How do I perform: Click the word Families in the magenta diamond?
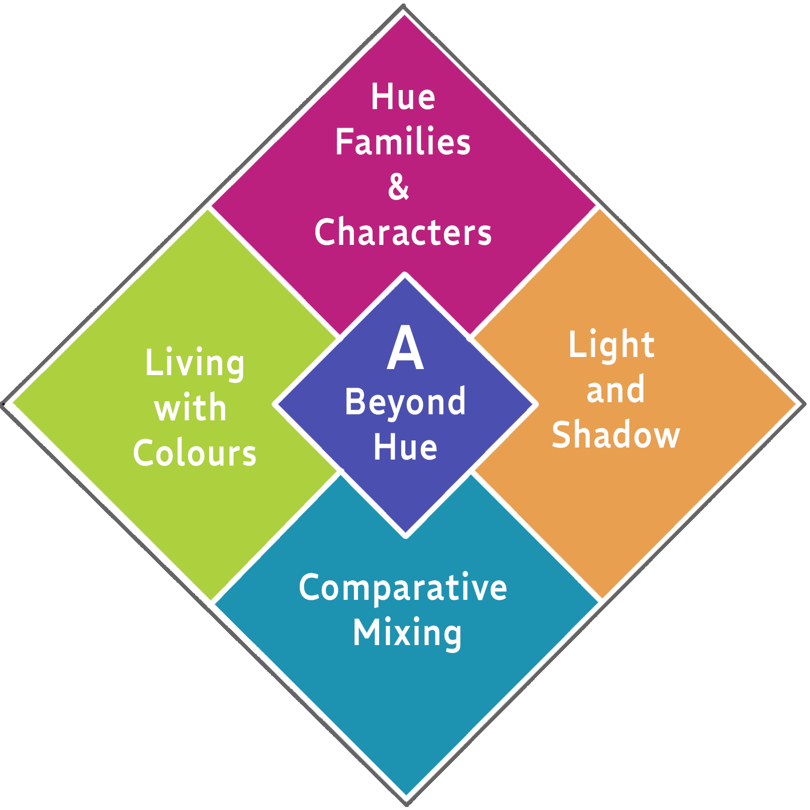click(403, 142)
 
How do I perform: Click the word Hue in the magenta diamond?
click(403, 97)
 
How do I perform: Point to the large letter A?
click(405, 348)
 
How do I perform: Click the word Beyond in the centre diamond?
click(405, 402)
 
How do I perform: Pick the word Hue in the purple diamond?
click(405, 447)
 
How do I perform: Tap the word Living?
click(195, 363)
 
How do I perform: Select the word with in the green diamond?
click(191, 408)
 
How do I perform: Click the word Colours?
click(195, 453)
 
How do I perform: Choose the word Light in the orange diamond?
click(611, 345)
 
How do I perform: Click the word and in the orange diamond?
click(615, 390)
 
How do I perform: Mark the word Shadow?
click(615, 435)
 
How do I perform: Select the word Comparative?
click(403, 587)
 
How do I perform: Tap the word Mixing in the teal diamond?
click(407, 633)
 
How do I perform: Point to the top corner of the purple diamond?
click(405, 276)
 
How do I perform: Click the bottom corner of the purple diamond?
click(405, 534)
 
